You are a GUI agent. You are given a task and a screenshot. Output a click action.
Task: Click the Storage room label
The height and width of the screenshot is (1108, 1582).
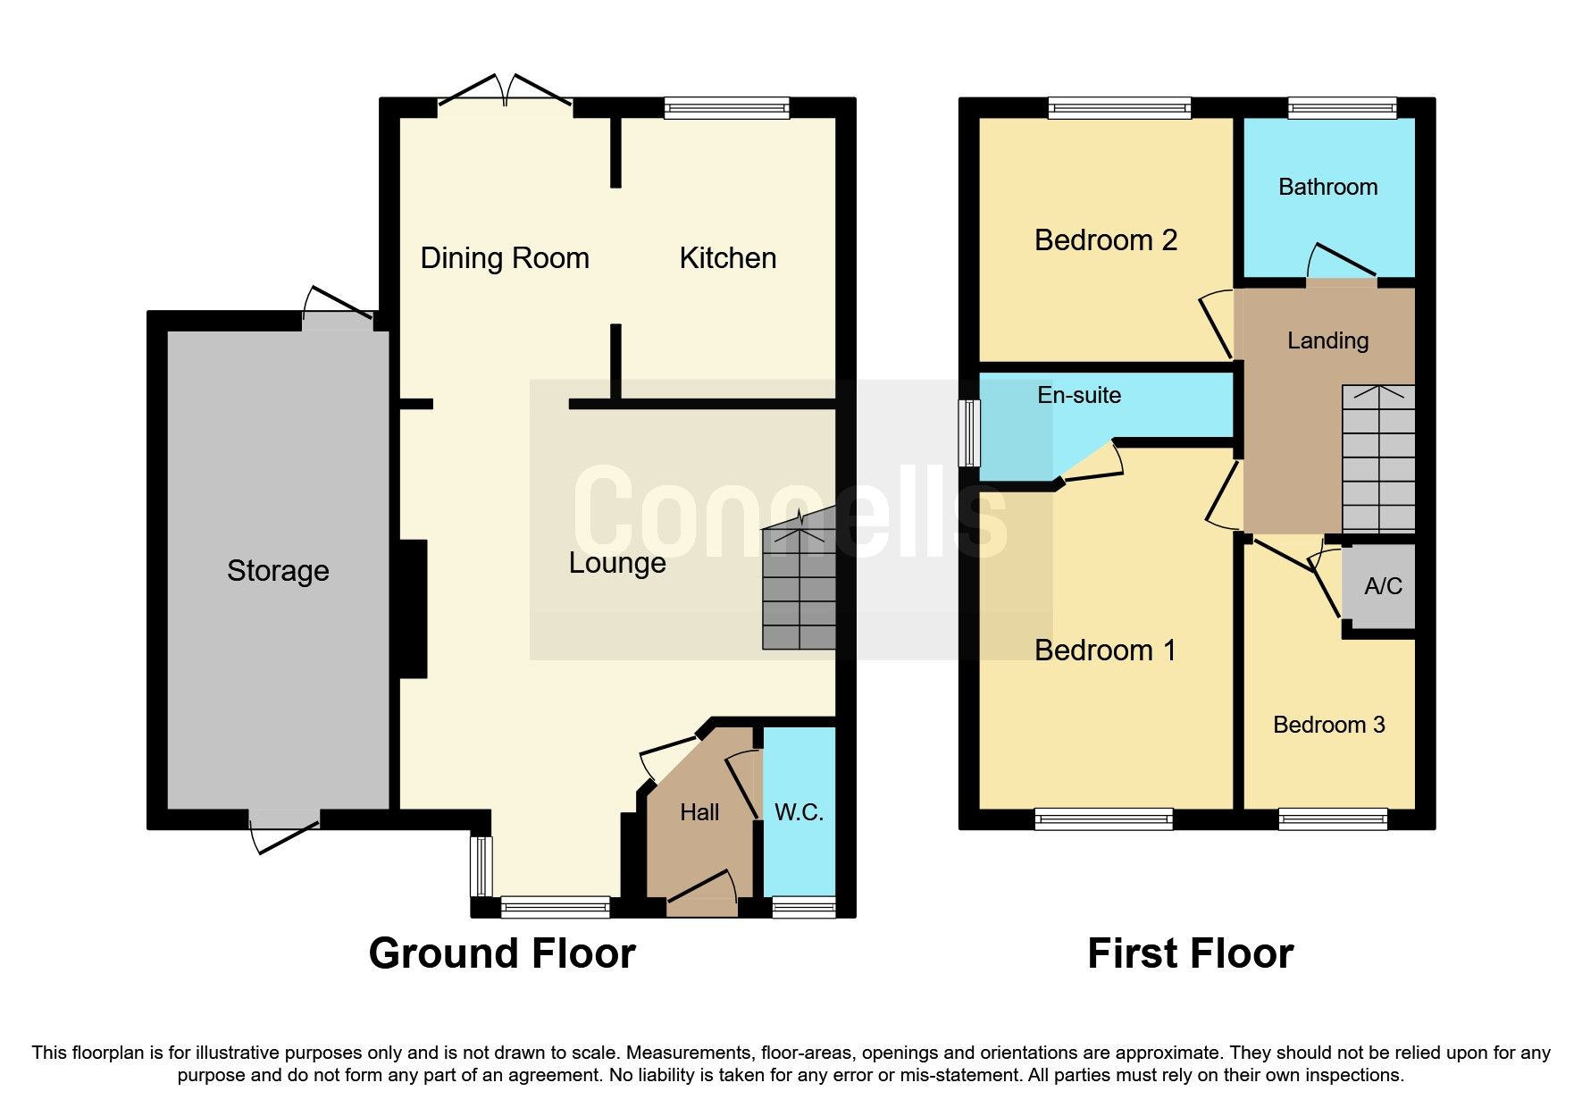[x=278, y=570]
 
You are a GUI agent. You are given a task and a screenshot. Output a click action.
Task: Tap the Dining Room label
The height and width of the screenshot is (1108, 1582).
[x=505, y=258]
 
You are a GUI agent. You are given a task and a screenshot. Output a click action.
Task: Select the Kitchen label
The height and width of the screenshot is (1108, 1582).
[x=727, y=258]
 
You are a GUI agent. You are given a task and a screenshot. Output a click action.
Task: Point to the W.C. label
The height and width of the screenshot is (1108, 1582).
[x=799, y=812]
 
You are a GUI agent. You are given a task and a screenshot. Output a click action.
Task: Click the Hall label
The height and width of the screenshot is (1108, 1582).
[x=699, y=812]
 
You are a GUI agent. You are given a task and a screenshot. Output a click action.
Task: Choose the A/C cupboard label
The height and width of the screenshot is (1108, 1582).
[x=1383, y=586]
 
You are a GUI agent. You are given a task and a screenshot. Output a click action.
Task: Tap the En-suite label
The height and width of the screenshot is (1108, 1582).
[x=1079, y=395]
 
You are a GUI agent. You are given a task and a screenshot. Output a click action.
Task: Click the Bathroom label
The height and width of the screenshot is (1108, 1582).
[x=1327, y=187]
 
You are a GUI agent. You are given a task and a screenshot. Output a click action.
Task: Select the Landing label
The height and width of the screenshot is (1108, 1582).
[x=1327, y=340]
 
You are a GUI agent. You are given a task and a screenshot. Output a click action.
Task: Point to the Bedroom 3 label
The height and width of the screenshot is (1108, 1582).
[x=1328, y=725]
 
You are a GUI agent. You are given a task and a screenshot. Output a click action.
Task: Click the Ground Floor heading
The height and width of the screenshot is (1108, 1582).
[x=502, y=953]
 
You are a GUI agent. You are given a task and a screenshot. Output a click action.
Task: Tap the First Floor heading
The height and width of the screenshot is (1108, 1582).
[x=1190, y=953]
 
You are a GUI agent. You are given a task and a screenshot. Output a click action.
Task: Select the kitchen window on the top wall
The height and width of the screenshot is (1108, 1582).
[x=727, y=108]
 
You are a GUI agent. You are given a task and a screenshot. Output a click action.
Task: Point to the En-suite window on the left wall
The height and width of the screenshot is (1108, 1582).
[x=968, y=433]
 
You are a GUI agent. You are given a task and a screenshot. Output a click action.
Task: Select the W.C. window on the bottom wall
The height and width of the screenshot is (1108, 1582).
[x=804, y=908]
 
